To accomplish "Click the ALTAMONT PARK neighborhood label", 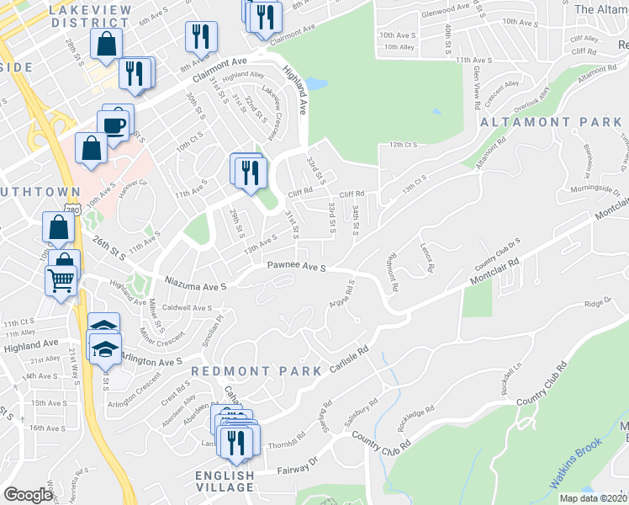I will coord(551,122).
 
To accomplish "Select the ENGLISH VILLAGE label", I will coord(226,481).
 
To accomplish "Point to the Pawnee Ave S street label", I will coord(296,267).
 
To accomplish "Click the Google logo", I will coord(28,495).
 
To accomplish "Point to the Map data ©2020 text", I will coord(593,498).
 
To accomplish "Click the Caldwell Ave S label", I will coord(188,308).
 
